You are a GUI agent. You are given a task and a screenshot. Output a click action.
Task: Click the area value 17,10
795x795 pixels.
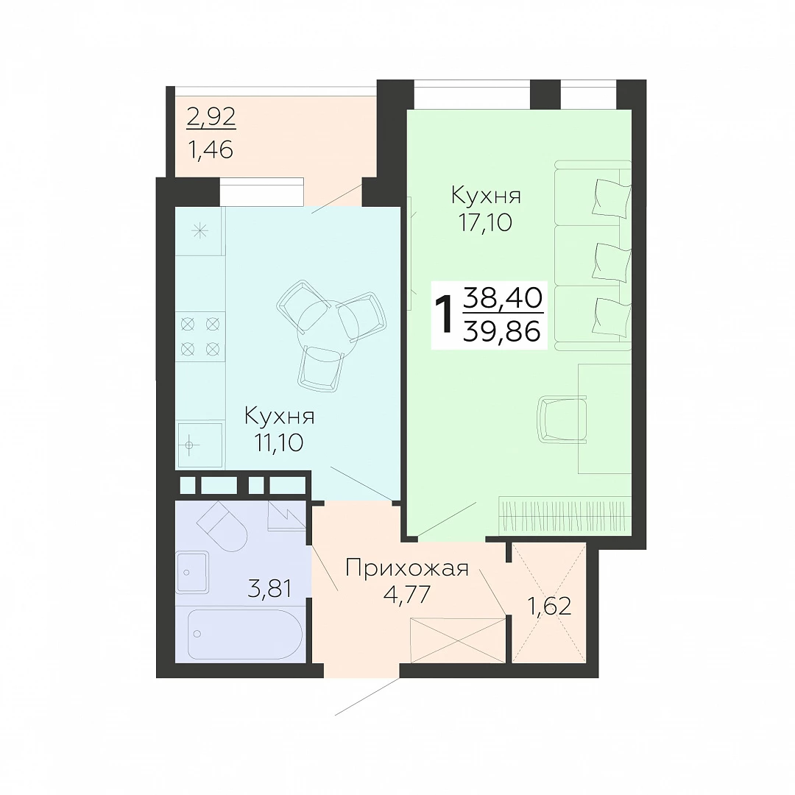[x=485, y=222]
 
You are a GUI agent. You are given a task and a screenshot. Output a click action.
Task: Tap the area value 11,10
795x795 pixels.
[x=279, y=442]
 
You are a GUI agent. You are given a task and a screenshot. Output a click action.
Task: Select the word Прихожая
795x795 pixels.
[x=406, y=568]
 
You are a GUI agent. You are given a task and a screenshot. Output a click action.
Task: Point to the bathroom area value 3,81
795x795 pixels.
[x=269, y=589]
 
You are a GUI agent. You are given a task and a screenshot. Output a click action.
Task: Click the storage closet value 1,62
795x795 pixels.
[x=550, y=605]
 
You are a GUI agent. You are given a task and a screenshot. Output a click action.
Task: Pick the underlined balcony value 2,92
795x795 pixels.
[x=211, y=117]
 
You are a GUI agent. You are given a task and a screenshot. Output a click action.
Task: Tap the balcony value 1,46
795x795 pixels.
[x=211, y=149]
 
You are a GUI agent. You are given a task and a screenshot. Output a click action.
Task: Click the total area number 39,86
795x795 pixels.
[x=503, y=332]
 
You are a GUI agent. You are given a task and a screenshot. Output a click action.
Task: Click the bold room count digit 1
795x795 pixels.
[x=445, y=315]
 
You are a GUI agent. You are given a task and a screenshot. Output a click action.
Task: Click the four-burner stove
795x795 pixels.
[x=200, y=336]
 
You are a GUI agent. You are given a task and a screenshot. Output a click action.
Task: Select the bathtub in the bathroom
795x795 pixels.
[x=245, y=635]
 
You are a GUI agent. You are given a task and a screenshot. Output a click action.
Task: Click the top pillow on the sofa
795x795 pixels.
[x=612, y=198]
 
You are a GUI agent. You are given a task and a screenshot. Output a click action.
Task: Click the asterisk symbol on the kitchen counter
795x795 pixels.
[x=199, y=232]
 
